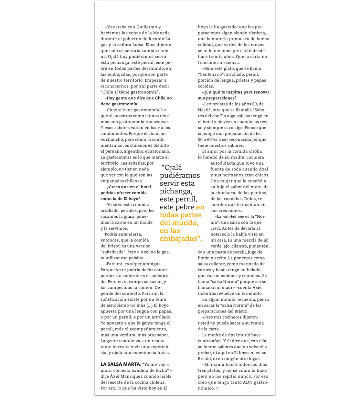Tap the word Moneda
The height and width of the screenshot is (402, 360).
[x=161, y=33]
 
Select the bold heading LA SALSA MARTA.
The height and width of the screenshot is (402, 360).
[x=121, y=364]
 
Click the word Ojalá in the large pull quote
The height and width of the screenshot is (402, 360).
[x=173, y=168]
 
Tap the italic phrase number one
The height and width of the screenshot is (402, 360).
[x=233, y=216]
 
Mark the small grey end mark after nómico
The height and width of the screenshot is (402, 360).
[x=217, y=388]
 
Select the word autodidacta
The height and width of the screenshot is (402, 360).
[x=224, y=163]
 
